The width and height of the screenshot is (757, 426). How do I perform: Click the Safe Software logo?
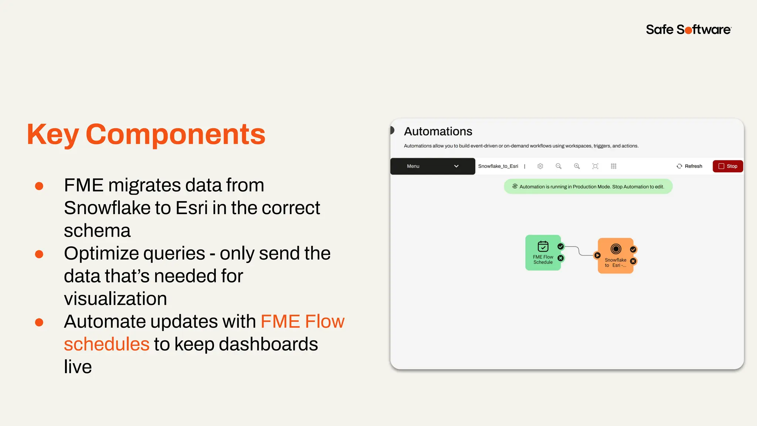click(x=688, y=30)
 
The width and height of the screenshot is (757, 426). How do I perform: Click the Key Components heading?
click(x=146, y=134)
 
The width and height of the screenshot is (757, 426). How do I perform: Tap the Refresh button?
click(x=689, y=166)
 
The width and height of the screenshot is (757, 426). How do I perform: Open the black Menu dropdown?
click(x=432, y=166)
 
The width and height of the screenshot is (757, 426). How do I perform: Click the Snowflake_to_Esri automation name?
click(x=498, y=166)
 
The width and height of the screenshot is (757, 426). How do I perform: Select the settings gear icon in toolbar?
click(x=540, y=166)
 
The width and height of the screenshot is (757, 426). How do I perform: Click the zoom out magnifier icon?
click(x=559, y=166)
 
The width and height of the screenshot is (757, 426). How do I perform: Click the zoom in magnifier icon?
click(x=577, y=166)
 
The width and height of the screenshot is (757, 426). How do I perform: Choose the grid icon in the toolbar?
click(x=614, y=166)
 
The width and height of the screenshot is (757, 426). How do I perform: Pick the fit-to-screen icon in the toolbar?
click(x=595, y=166)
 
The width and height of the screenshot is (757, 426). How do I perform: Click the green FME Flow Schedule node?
click(x=543, y=253)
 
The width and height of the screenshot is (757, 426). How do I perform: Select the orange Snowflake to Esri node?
click(x=615, y=256)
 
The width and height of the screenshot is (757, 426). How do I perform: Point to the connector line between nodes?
click(x=579, y=251)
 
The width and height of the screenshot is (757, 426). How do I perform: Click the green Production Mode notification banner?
click(x=588, y=187)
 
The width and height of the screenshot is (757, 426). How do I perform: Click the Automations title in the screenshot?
click(x=438, y=132)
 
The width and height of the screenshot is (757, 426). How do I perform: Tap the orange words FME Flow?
click(x=302, y=321)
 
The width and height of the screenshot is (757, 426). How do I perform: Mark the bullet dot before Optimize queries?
click(x=39, y=254)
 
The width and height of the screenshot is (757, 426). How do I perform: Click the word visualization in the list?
click(x=115, y=299)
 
